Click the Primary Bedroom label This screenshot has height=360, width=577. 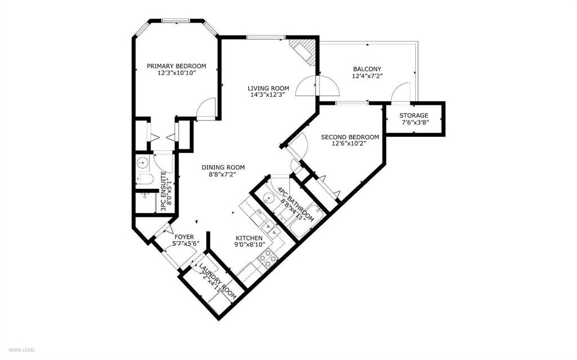click(x=176, y=66)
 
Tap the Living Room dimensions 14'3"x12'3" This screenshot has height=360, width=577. click(x=268, y=95)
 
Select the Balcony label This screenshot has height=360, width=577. click(x=367, y=69)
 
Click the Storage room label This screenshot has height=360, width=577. click(x=414, y=115)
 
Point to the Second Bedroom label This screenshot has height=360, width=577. click(x=350, y=137)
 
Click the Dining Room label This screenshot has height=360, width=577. click(x=223, y=167)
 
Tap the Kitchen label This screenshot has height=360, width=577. click(x=249, y=238)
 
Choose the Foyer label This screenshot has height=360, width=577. click(x=184, y=237)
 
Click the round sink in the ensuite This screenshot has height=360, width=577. click(x=142, y=162)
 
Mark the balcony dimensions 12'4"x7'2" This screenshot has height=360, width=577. click(x=367, y=76)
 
